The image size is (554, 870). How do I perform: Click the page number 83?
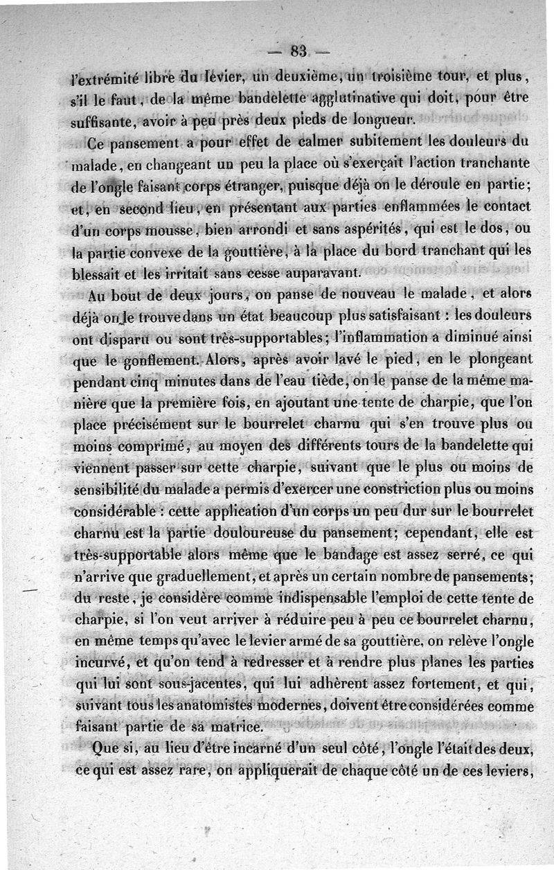(298, 51)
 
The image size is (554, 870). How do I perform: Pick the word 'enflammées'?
(428, 207)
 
